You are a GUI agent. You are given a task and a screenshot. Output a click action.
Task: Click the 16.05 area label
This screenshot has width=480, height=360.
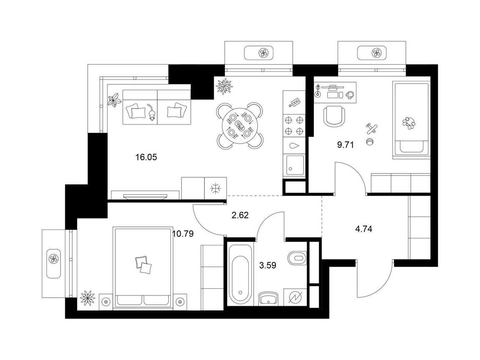point(146,157)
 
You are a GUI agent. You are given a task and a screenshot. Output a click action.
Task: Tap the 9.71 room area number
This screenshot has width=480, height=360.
point(345,145)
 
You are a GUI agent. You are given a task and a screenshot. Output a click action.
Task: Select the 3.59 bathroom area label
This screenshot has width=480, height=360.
point(268,265)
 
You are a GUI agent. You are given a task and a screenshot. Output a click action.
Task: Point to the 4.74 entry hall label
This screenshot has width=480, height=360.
point(364,229)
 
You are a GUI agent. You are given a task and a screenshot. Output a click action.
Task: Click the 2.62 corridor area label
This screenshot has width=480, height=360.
point(240,215)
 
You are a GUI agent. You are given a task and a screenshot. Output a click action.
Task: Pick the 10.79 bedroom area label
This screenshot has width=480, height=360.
point(183,234)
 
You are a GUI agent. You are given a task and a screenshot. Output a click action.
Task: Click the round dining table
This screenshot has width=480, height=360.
point(240,126)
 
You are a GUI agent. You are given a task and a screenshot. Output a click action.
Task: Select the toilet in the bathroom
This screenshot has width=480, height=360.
point(297,257)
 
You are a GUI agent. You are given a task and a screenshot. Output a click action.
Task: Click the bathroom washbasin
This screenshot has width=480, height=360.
point(268,298)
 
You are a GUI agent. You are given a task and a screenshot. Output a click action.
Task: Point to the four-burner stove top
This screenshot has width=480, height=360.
point(294,125)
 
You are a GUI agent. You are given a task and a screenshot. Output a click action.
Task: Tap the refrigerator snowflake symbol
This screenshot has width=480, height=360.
point(215,189)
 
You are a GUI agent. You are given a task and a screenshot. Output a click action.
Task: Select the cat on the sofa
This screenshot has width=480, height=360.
point(151,112)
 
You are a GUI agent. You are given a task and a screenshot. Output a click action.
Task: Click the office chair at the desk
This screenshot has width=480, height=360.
point(334,116)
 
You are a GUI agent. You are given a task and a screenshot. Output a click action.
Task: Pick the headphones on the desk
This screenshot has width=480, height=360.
point(350,95)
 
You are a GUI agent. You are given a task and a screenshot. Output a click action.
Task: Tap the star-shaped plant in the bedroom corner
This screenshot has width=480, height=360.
point(88,297)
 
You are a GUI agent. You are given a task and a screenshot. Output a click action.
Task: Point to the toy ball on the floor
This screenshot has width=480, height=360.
point(369,141)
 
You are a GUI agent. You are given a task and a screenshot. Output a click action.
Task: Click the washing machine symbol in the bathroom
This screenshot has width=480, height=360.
point(295,297)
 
